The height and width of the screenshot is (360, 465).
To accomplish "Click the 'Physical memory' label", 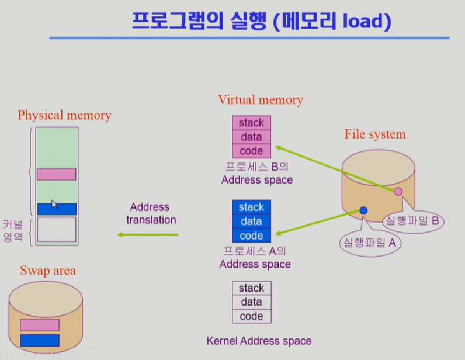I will (64, 115).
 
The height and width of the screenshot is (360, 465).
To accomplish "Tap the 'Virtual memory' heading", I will (261, 99).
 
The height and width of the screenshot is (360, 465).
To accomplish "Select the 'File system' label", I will (374, 134).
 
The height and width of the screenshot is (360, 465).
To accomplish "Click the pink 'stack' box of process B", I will (252, 123).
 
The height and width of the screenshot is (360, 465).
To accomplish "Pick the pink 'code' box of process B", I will (252, 151).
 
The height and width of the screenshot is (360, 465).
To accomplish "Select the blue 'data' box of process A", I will (252, 221).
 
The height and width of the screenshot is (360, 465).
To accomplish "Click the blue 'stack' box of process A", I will (252, 207).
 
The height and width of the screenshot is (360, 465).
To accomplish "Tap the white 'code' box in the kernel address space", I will (252, 316).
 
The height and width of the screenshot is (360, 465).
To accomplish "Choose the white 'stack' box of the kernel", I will (252, 288).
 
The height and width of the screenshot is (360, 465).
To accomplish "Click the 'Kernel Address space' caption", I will (259, 340).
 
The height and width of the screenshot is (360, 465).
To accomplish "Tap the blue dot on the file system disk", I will (363, 210).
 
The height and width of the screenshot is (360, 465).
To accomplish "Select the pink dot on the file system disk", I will (398, 191).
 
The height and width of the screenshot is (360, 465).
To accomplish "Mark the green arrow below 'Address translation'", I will (148, 234).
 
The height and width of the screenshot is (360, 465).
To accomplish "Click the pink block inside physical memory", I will (56, 174).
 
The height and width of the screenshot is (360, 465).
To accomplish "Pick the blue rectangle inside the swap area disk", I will (40, 340).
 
